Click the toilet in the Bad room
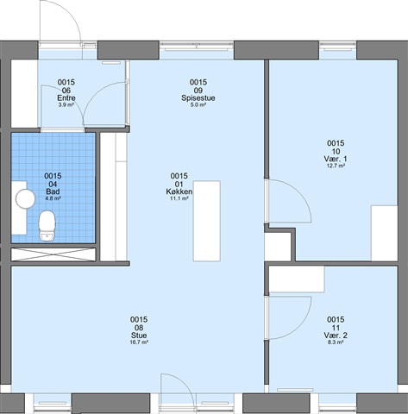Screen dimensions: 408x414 47,226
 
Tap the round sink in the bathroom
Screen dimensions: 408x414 25,199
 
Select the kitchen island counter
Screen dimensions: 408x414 207,221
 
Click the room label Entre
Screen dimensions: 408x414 66,97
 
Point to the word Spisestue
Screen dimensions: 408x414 198,97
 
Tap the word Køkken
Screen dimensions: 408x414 179,191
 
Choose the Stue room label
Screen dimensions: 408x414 139,336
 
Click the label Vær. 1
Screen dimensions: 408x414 336,159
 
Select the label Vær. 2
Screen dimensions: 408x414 336,336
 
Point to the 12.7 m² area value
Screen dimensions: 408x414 336,166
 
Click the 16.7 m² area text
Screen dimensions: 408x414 139,342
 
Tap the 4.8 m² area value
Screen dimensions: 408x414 53,198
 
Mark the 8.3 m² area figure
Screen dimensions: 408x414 336,342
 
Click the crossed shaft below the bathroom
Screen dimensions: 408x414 53,254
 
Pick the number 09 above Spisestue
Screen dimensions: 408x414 198,91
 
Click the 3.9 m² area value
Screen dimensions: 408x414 66,105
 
